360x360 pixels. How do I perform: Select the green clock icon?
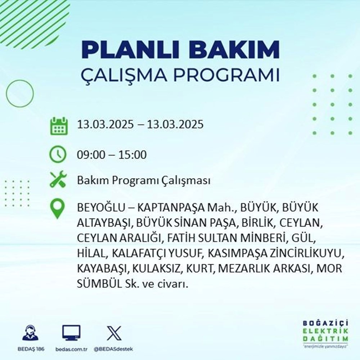pos(58,155)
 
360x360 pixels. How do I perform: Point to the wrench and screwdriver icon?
pos(58,180)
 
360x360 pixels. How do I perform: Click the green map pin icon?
pos(58,209)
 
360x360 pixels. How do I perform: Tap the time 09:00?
pos(92,155)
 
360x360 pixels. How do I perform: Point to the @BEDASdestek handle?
pos(114,349)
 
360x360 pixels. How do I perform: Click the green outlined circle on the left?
pos(20,93)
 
